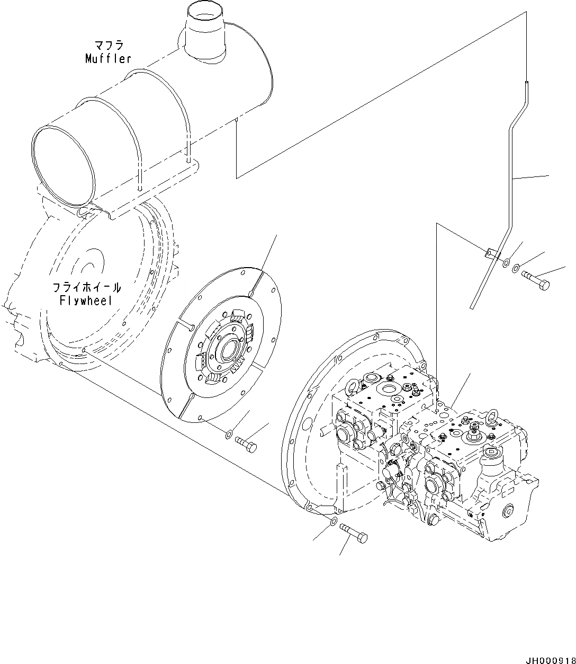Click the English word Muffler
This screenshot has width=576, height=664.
[x=108, y=58]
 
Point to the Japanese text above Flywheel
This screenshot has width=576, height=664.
[x=86, y=287]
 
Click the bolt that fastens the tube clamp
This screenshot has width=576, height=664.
[x=536, y=280]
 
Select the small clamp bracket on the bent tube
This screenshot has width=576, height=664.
[x=490, y=252]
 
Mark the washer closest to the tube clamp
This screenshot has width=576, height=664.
[x=506, y=262]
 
